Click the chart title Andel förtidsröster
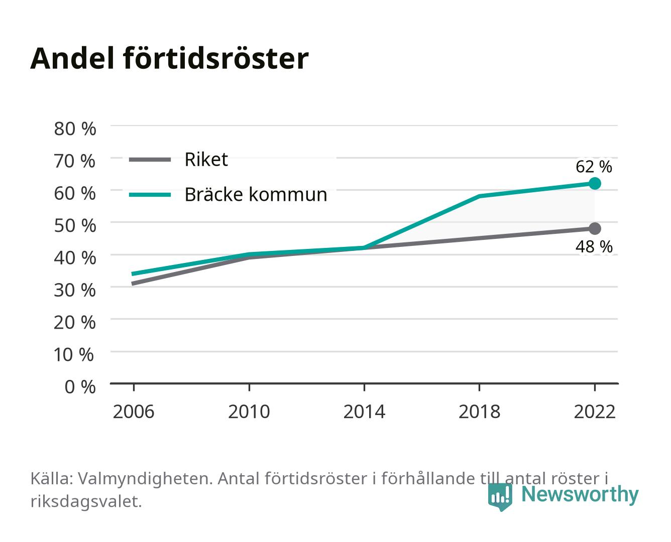click(x=169, y=59)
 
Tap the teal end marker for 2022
click(x=595, y=183)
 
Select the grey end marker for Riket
click(x=595, y=228)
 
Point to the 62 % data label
click(x=594, y=167)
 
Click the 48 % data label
click(x=594, y=246)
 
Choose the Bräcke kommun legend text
click(x=256, y=194)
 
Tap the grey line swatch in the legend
click(x=150, y=160)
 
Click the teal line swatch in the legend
click(x=150, y=195)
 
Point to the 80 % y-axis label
click(x=75, y=129)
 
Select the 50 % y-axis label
click(x=75, y=226)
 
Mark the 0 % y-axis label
click(x=80, y=386)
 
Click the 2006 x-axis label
click(x=134, y=412)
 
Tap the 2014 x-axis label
click(x=364, y=412)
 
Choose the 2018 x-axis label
click(x=480, y=412)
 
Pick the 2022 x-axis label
click(x=595, y=412)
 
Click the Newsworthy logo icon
click(x=500, y=497)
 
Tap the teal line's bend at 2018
click(x=479, y=196)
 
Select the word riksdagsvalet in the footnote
click(x=86, y=501)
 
